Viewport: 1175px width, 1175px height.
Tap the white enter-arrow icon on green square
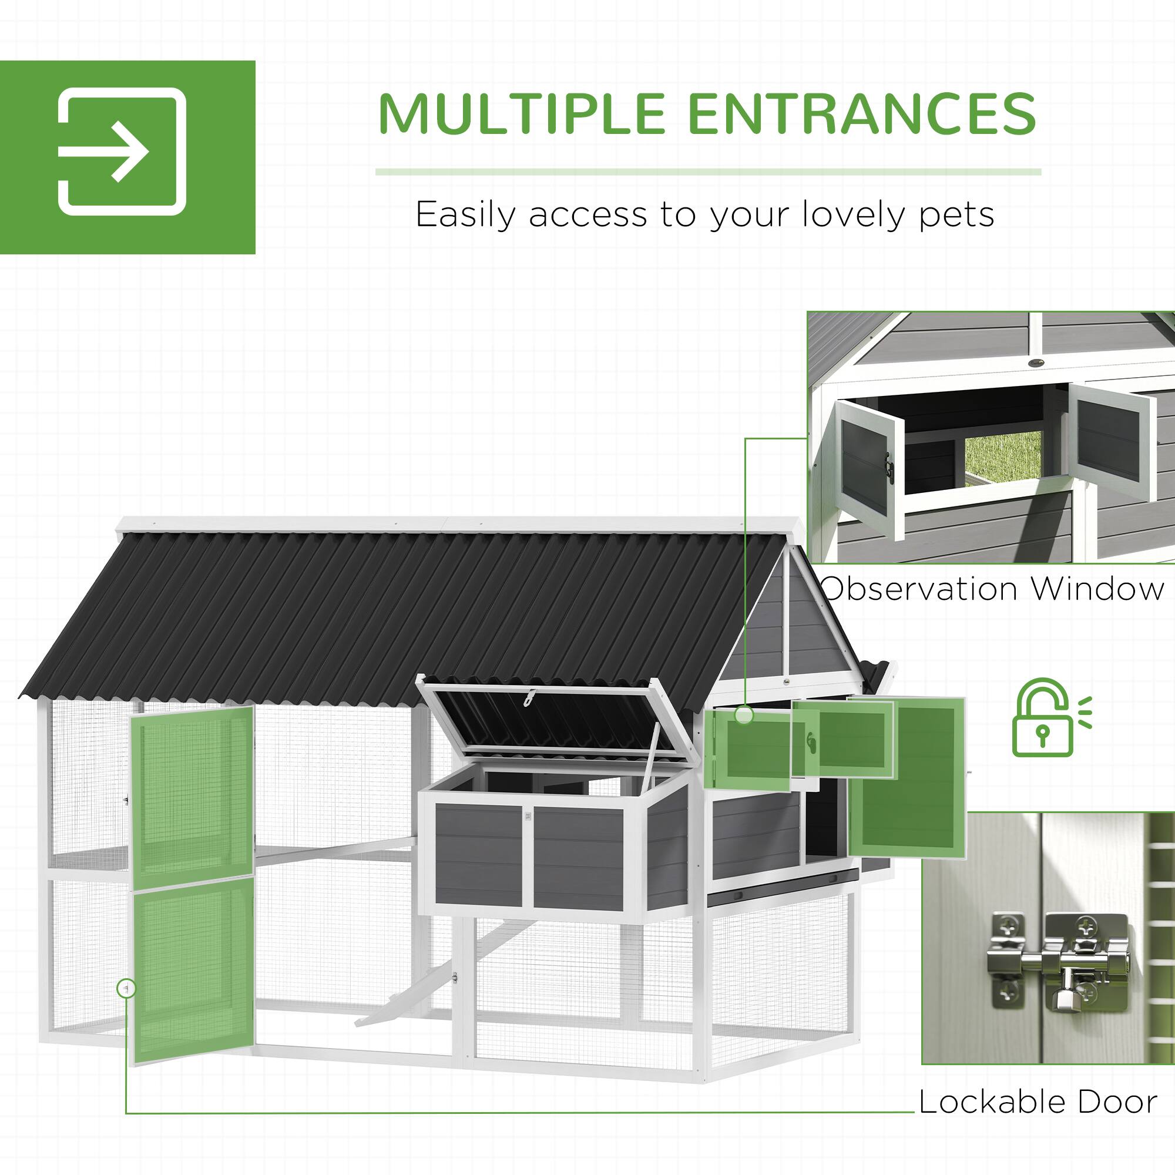click(122, 152)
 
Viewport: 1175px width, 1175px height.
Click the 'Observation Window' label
click(992, 589)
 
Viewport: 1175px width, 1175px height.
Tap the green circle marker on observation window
click(743, 715)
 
